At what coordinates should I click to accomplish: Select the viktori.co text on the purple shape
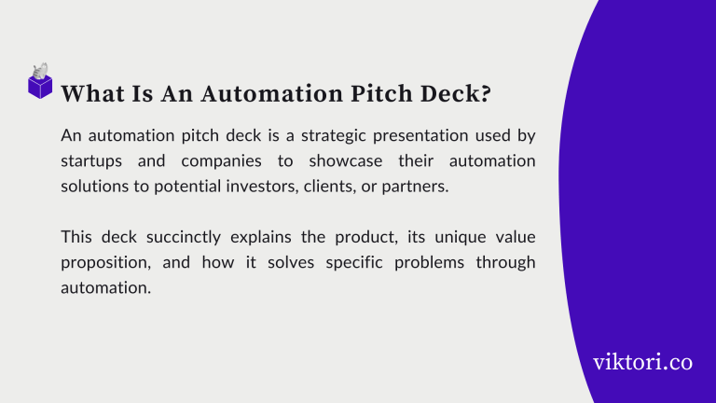642,361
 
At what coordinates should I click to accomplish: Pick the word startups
92,160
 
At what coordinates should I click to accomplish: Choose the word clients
330,186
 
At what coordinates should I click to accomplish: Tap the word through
505,261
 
